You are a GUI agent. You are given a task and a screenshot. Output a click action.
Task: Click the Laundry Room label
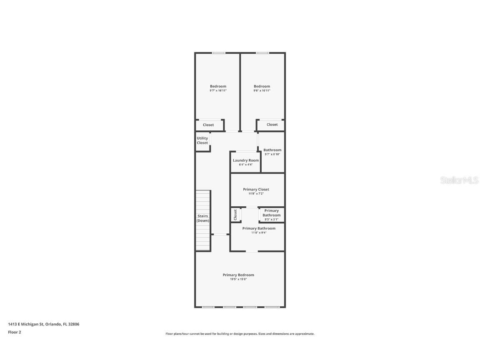(x=245, y=160)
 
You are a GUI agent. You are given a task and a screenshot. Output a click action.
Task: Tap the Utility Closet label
(x=202, y=140)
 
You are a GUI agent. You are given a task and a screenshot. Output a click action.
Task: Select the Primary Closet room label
(x=256, y=190)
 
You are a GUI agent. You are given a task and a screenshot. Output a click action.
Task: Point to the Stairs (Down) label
(x=203, y=218)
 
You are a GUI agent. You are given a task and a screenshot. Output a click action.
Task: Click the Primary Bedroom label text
(x=238, y=275)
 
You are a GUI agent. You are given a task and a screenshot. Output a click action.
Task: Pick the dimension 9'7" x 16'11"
(x=218, y=90)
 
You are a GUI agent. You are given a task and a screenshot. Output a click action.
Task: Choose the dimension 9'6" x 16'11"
(x=262, y=90)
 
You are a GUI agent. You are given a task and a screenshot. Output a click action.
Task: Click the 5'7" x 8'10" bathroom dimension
(x=272, y=154)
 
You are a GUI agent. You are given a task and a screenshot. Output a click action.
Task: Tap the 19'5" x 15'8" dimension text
(x=238, y=279)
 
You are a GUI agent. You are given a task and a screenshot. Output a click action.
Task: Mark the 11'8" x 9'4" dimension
(x=258, y=232)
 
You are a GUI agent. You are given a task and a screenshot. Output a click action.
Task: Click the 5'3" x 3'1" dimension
(x=271, y=220)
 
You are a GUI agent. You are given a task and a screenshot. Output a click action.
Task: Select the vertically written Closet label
(x=235, y=215)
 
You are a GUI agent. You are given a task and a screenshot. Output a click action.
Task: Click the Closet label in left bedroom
(x=208, y=125)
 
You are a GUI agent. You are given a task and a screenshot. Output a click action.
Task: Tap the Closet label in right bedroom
(x=272, y=125)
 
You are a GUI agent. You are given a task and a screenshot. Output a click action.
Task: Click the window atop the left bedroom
(x=218, y=53)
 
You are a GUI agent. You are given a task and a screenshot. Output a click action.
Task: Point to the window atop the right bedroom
(x=262, y=53)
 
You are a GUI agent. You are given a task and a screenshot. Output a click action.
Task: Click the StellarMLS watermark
(x=459, y=180)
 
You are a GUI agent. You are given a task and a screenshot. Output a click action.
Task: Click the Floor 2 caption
(x=15, y=332)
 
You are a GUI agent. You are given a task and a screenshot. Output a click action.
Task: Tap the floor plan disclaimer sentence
(x=240, y=334)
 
